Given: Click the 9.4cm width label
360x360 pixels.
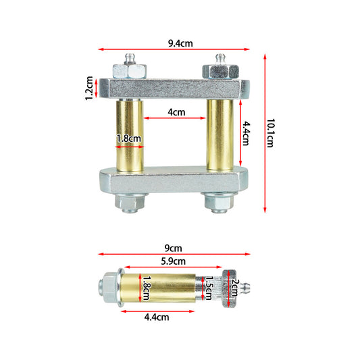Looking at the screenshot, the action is [180, 43].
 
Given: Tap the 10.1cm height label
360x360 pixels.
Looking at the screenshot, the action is [270, 133].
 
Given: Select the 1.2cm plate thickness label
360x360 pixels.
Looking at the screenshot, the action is [89, 88].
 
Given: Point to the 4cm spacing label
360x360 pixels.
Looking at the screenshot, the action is [176, 112].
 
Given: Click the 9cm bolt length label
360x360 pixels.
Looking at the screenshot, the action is [174, 248].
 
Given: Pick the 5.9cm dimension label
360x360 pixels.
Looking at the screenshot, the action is [173, 261].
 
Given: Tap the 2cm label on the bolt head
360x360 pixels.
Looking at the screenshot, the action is [235, 288].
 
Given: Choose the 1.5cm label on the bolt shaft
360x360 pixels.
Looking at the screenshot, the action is [209, 288].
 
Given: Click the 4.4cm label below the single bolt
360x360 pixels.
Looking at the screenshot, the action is [157, 317].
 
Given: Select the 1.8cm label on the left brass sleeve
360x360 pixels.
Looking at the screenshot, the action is [128, 138].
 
